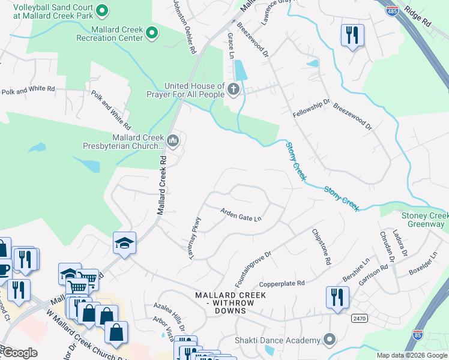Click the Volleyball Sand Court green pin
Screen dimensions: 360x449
tap(102, 10)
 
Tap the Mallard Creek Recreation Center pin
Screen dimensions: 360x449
tap(152, 32)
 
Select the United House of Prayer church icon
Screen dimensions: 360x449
tap(233, 90)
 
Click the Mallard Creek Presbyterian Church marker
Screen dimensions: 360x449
tap(173, 141)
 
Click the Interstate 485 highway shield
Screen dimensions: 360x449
tap(391, 11)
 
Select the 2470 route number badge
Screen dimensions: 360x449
tap(360, 319)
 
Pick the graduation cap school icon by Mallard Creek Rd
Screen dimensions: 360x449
tap(124, 242)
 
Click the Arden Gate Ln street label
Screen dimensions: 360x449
tap(241, 214)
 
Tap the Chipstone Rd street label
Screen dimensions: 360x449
tap(321, 247)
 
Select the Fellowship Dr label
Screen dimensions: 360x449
tap(311, 109)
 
